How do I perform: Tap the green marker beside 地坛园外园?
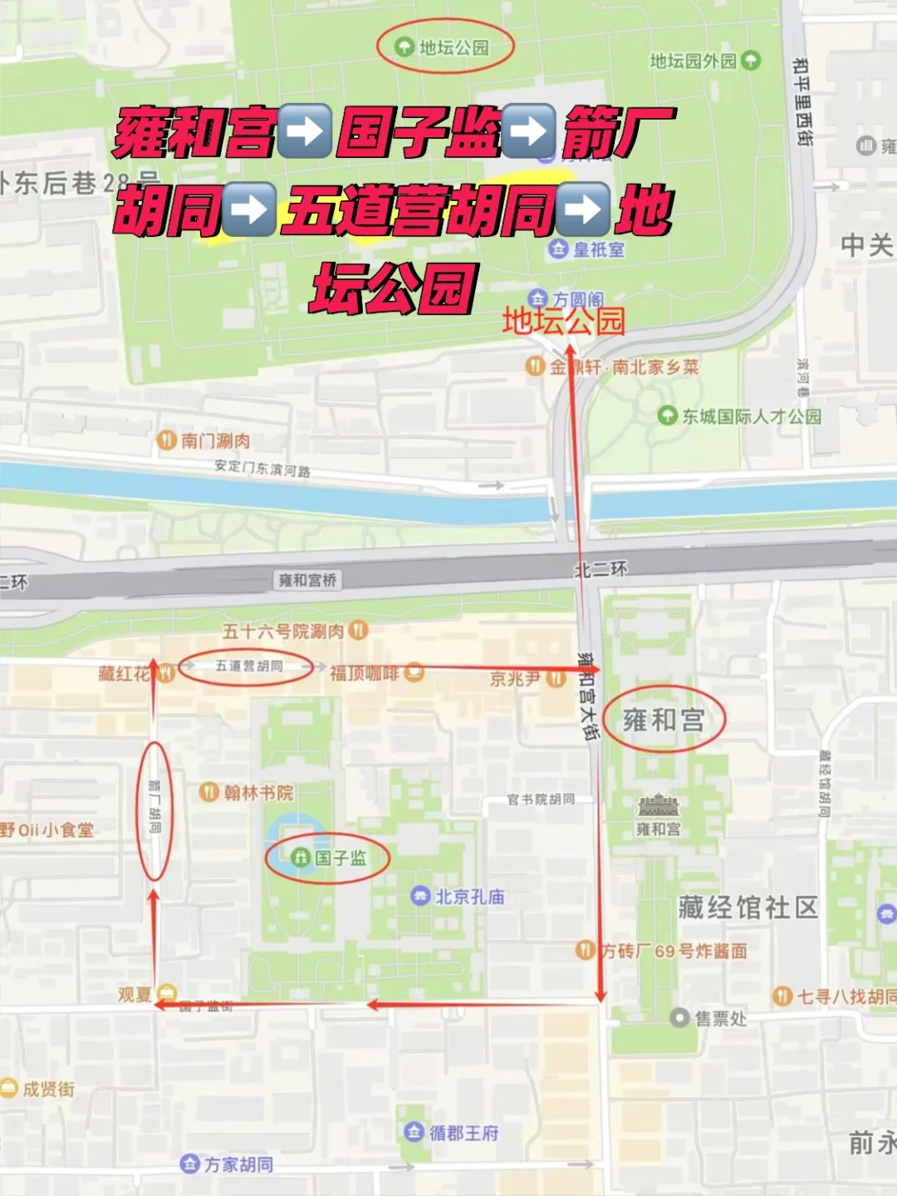[x=751, y=60]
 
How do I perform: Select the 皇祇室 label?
[x=598, y=249]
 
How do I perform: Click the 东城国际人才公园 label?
[x=751, y=416]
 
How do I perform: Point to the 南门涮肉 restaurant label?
[x=214, y=440]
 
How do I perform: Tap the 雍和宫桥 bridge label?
[x=307, y=579]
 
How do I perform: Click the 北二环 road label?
[x=600, y=569]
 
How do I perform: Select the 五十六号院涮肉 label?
[x=283, y=631]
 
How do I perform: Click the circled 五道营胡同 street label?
[x=248, y=666]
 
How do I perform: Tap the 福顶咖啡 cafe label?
[x=364, y=673]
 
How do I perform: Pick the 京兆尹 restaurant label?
[x=515, y=679]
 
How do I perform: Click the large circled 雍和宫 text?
[x=664, y=720]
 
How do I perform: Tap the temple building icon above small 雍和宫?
[x=658, y=805]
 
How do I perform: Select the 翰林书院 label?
[x=258, y=792]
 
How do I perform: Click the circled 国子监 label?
[x=340, y=857]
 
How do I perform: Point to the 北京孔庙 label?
[x=469, y=896]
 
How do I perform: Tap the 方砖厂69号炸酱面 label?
[x=674, y=950]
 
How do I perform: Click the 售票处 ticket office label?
[x=719, y=1018]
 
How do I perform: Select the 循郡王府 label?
[x=463, y=1132]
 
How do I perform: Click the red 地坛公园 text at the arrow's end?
[x=563, y=321]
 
